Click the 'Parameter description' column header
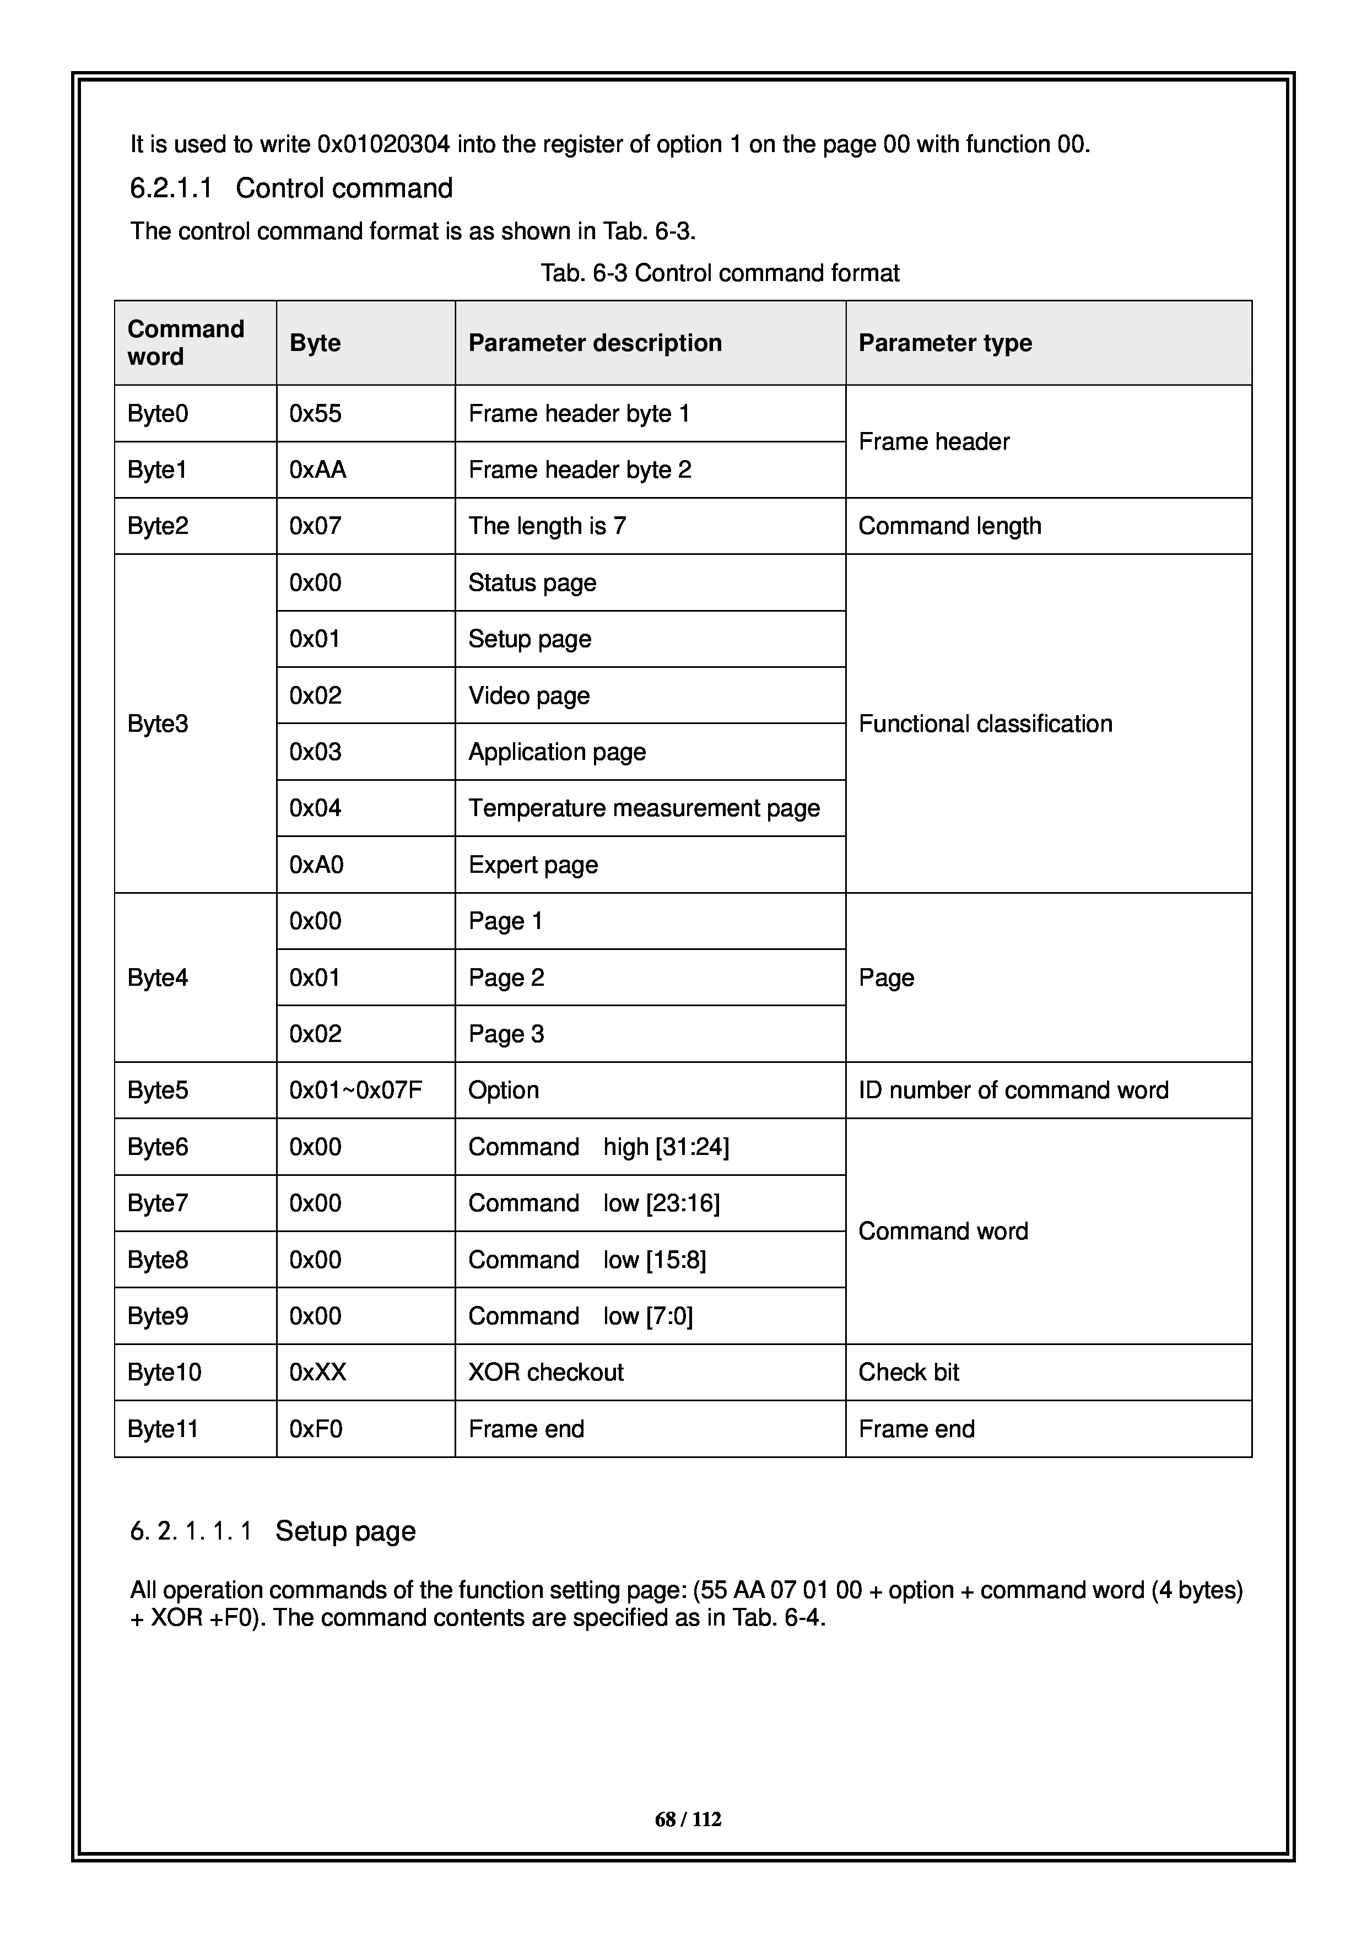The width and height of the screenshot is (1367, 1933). (x=595, y=343)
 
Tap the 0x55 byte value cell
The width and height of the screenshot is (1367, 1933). (x=316, y=413)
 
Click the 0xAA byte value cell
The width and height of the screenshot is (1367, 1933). (x=317, y=470)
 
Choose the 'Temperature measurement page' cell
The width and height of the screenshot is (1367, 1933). (x=644, y=808)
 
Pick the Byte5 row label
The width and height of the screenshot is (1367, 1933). (x=158, y=1090)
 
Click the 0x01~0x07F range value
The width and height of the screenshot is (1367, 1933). (x=355, y=1090)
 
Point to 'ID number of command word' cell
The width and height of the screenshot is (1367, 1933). (x=1013, y=1090)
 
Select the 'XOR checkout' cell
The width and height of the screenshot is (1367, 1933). (x=545, y=1372)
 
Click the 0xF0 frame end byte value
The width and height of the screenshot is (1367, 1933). (x=316, y=1429)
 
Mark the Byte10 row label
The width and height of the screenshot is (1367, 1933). (x=164, y=1372)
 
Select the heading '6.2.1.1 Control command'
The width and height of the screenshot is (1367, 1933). (x=291, y=188)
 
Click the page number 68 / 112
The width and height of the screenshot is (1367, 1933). (x=688, y=1819)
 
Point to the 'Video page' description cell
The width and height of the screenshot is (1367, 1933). (x=528, y=695)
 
